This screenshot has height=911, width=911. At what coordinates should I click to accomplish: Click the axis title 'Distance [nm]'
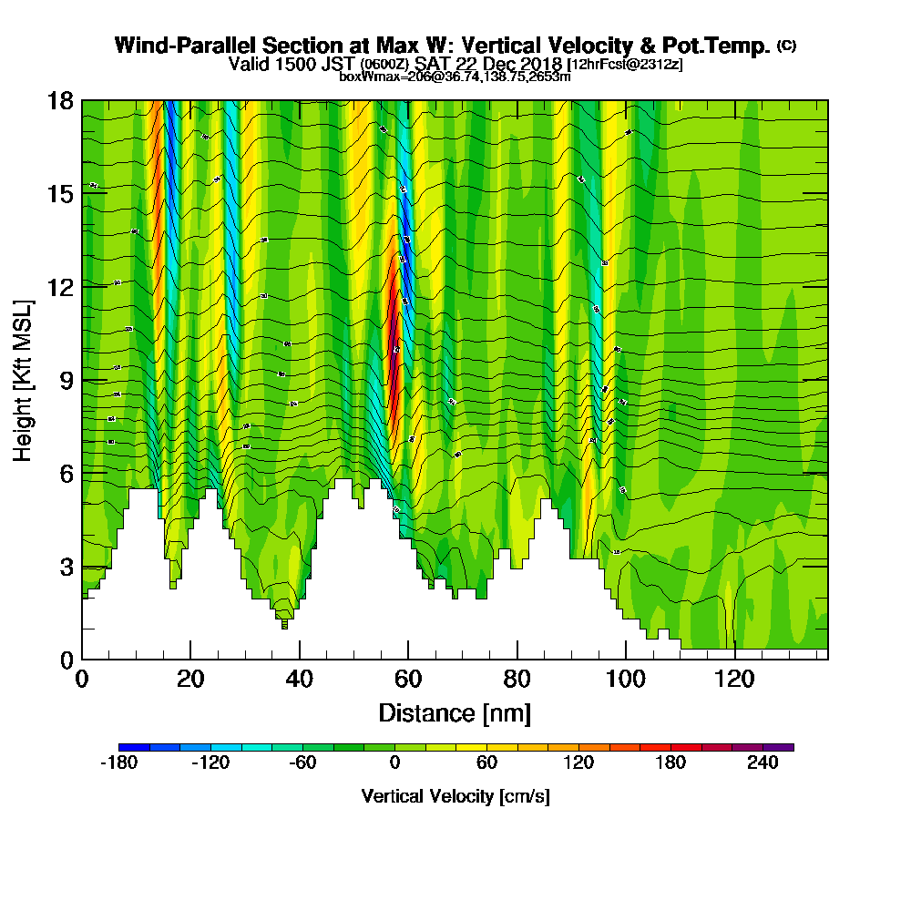[455, 712]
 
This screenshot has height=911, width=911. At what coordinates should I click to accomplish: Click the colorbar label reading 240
[763, 763]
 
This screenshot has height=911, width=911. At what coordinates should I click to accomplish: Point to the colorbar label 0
[394, 763]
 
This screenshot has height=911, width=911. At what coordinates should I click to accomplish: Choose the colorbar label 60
[486, 763]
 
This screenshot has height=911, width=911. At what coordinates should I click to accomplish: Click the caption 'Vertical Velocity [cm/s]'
[455, 796]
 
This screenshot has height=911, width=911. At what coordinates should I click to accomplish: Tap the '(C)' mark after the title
[786, 46]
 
